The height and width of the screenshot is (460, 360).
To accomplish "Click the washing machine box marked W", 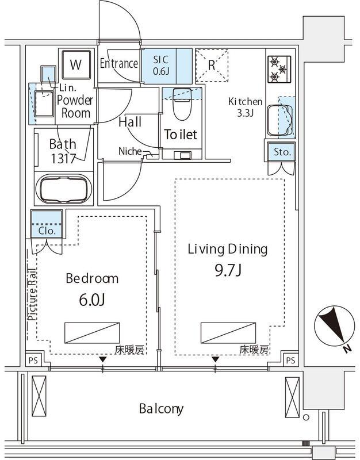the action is point(76,64).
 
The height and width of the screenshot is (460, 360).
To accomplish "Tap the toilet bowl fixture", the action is point(182,104).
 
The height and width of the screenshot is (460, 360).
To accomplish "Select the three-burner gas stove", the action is point(279,69).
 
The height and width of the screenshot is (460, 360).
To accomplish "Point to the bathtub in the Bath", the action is point(64,189).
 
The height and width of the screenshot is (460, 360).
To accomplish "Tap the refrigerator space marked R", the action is point(212,66).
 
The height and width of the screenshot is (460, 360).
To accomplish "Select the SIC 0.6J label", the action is point(161,65).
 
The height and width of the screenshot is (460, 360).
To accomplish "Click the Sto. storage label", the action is point(282,152).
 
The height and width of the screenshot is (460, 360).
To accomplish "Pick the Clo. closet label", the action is point(47,231).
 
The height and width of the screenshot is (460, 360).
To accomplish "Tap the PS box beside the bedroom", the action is point(33,360).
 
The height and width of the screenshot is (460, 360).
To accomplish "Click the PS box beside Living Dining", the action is point(290,360).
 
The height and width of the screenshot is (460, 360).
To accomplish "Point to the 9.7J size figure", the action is point(228,270).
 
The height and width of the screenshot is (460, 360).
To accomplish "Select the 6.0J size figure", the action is point(92,300).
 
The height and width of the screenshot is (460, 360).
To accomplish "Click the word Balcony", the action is point(162,409).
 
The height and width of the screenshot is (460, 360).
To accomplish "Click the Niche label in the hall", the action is point(130,151).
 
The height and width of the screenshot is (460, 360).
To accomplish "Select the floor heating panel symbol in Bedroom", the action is point(92,333).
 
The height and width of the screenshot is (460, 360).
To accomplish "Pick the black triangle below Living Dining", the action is point(216,359).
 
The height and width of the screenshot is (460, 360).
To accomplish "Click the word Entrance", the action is point(119,63).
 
